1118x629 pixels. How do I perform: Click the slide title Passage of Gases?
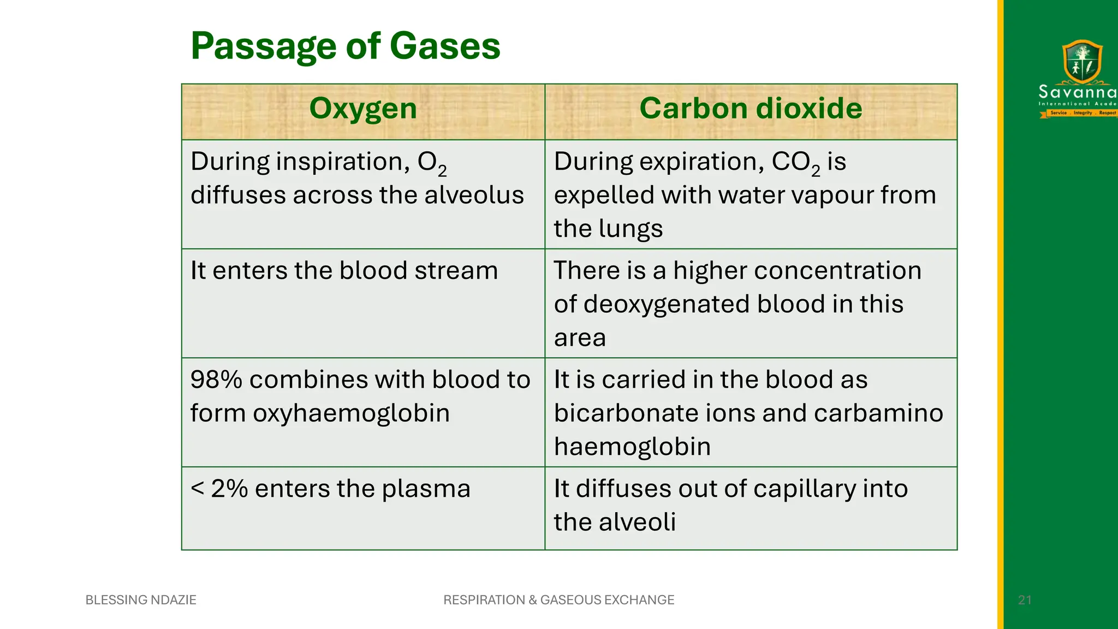click(345, 46)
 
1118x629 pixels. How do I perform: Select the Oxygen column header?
click(363, 108)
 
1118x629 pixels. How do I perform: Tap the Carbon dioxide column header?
click(751, 108)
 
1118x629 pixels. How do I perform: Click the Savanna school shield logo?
click(1082, 61)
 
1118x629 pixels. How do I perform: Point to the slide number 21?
click(1025, 600)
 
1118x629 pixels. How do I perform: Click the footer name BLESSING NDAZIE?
click(141, 600)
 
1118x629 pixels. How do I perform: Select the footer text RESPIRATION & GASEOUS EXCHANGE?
click(558, 600)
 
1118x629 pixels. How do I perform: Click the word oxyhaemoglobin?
click(351, 413)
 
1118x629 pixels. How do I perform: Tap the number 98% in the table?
click(216, 380)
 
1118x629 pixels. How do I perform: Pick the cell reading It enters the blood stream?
click(344, 271)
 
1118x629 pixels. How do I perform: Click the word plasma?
click(426, 489)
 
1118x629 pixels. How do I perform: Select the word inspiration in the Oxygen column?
click(343, 162)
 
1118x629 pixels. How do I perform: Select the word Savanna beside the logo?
click(1077, 92)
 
